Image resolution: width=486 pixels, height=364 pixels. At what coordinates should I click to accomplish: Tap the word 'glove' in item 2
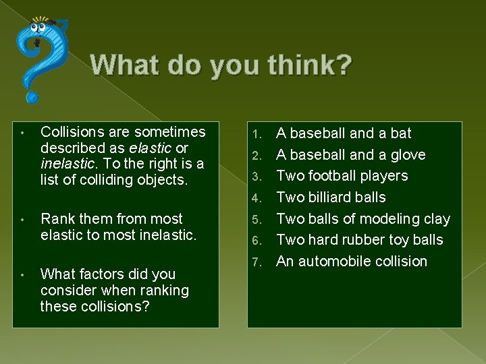click(x=407, y=155)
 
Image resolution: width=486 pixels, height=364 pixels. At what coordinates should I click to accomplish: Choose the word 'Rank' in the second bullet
click(x=57, y=218)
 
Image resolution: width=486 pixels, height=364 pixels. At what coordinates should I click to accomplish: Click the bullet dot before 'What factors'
click(x=23, y=274)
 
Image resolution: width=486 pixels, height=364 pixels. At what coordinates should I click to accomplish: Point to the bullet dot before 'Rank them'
click(x=23, y=219)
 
